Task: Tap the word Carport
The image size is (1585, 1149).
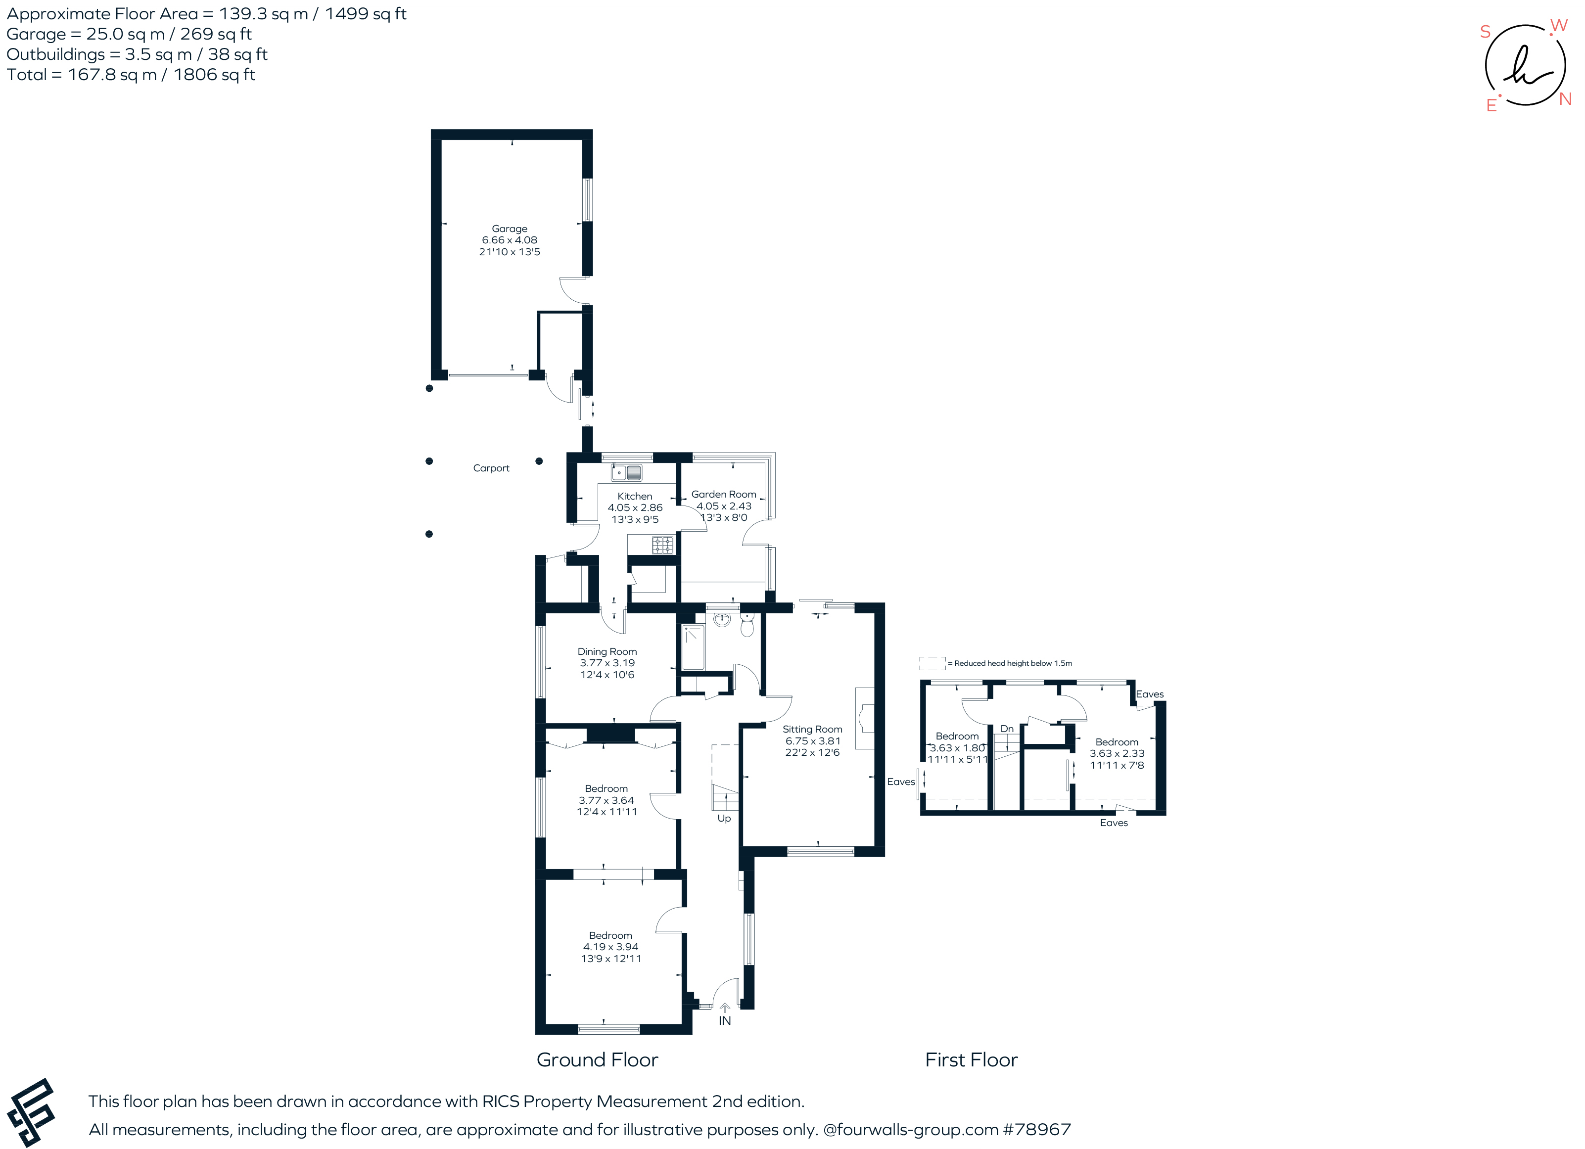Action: click(491, 468)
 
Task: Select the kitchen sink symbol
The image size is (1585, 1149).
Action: click(626, 473)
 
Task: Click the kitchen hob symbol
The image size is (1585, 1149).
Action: click(662, 545)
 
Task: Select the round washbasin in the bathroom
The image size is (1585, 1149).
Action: click(722, 619)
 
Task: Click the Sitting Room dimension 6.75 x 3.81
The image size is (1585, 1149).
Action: click(812, 741)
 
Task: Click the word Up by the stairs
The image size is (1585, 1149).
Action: click(724, 819)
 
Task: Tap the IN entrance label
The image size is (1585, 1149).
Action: click(725, 1021)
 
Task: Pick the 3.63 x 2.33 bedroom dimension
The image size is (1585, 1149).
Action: click(1117, 753)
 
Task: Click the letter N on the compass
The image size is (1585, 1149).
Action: click(1565, 99)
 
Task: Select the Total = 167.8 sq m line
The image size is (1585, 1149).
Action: click(131, 75)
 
